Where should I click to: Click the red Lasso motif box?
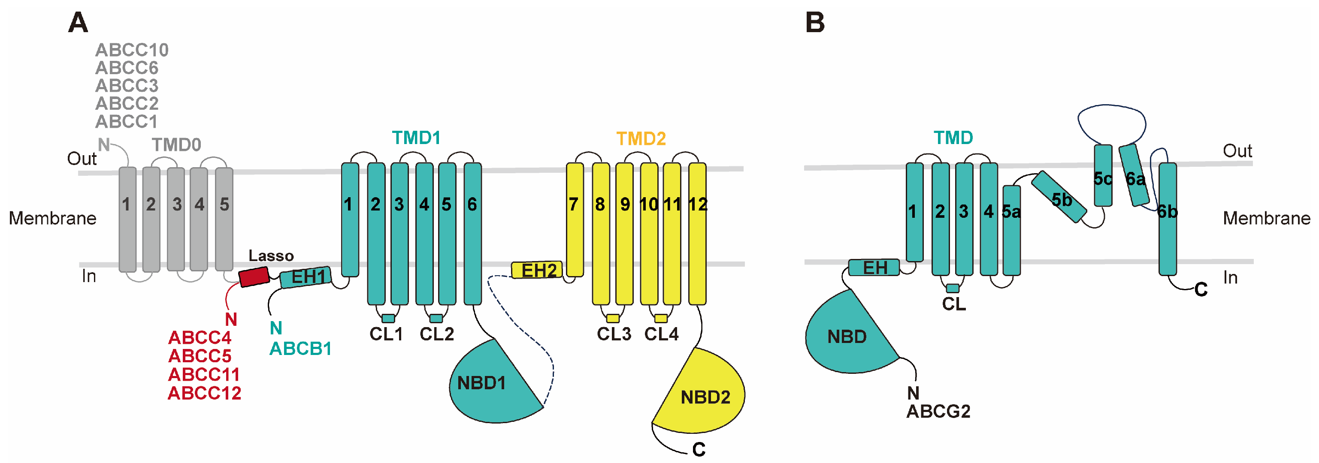point(254,276)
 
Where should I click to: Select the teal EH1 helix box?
point(306,277)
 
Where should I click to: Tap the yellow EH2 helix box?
point(537,270)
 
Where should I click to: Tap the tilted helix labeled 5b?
point(1059,197)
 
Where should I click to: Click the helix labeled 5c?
point(1102,175)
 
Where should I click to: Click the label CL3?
point(614,334)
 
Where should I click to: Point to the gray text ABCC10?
point(132,50)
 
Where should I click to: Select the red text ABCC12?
point(204,393)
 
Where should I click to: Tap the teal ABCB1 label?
point(300,349)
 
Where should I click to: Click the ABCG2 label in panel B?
point(938,411)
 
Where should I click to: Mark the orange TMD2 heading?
point(641,138)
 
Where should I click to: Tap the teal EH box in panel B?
point(874,267)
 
